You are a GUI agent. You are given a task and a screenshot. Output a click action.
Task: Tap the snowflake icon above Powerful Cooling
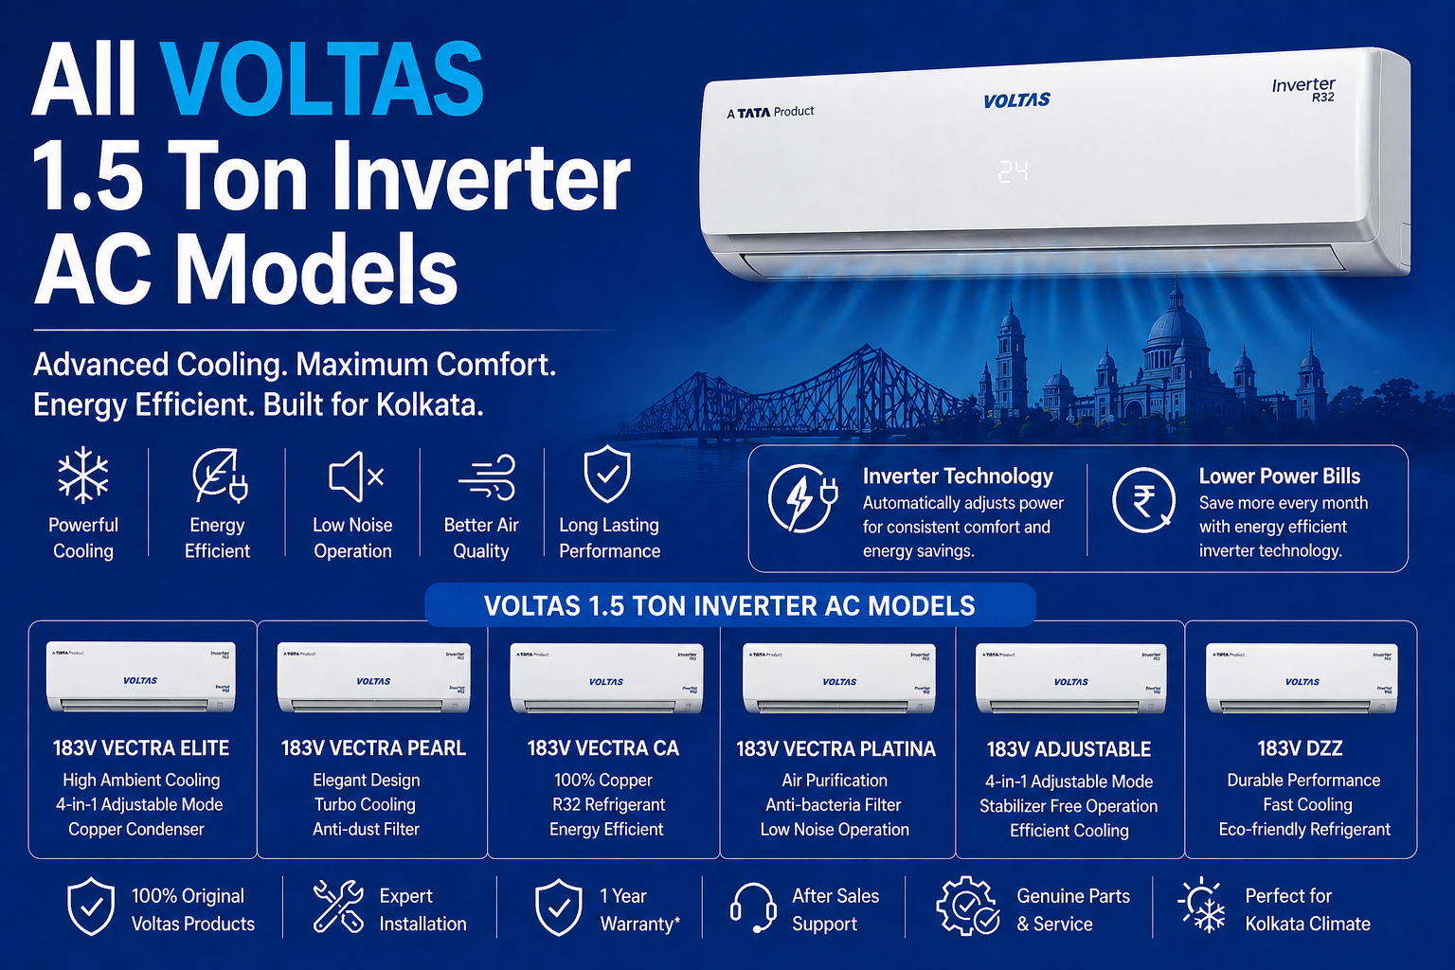[x=83, y=474]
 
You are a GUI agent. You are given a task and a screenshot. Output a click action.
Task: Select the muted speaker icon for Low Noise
[x=355, y=476]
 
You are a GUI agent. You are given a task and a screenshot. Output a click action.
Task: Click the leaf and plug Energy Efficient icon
[x=219, y=476]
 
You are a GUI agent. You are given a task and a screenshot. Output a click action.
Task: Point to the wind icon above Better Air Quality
[x=487, y=476]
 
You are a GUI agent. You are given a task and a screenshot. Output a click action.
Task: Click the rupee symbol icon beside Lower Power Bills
[x=1143, y=499]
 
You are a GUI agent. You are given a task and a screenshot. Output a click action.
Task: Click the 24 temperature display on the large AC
[x=1013, y=171]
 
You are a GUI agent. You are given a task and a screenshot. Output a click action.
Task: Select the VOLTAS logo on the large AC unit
[x=1016, y=100]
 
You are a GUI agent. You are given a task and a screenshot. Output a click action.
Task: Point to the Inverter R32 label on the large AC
[x=1304, y=89]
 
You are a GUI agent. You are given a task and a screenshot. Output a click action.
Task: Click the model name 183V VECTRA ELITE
[x=141, y=748]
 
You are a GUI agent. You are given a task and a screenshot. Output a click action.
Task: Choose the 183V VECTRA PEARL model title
[x=373, y=748]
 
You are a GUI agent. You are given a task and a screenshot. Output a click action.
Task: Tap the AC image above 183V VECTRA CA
[x=606, y=677]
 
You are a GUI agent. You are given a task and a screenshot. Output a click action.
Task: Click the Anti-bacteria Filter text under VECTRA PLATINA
[x=834, y=804]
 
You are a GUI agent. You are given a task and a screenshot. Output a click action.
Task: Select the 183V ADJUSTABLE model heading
[x=1069, y=749]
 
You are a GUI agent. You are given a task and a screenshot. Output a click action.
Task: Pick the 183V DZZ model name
[x=1300, y=748]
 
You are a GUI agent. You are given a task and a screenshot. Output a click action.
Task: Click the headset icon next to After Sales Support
[x=753, y=907]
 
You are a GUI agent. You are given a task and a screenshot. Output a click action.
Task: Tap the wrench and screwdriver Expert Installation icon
[x=338, y=906]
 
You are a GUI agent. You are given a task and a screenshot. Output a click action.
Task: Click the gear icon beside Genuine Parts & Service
[x=966, y=907]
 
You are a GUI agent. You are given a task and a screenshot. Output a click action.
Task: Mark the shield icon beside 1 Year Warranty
[x=559, y=907]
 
